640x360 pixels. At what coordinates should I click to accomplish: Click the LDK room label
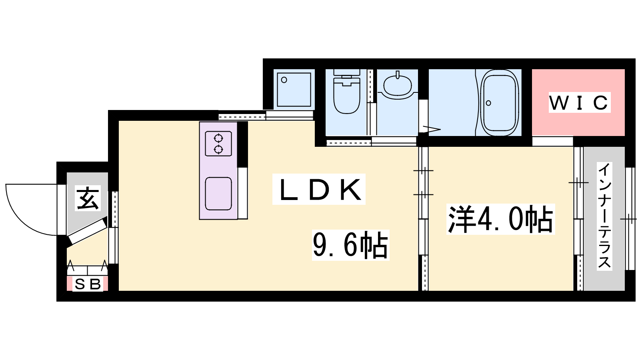pos(319,190)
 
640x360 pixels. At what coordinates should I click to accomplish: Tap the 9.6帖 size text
pos(350,245)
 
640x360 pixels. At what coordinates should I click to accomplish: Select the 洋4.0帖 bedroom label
pos(500,219)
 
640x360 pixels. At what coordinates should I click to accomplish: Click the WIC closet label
pos(579,102)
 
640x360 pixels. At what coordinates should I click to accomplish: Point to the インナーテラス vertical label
pos(604,216)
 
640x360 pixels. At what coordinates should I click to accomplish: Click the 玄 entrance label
pos(87,198)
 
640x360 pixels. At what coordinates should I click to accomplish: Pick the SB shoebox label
pos(88,284)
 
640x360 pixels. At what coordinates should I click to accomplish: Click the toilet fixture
pos(346,96)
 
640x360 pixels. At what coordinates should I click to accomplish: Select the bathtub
pos(499,103)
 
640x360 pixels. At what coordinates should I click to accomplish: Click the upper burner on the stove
pos(218,138)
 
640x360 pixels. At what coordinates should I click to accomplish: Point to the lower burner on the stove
pos(218,149)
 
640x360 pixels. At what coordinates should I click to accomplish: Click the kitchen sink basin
pos(218,194)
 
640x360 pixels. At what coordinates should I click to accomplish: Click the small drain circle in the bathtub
pos(488,103)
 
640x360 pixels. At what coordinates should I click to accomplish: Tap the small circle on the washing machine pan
pos(284,80)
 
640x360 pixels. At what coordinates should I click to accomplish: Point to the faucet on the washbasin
pos(398,75)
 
